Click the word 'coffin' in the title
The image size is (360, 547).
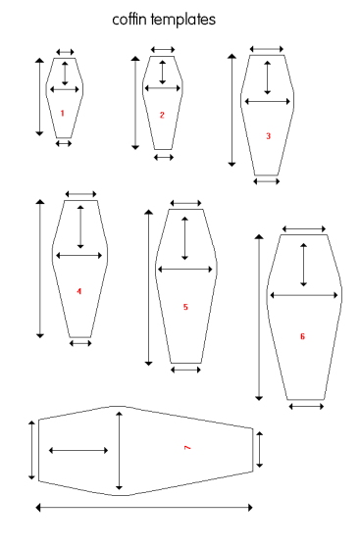click(130, 20)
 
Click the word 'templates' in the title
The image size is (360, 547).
click(183, 20)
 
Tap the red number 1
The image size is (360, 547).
click(63, 113)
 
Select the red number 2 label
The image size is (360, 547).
click(162, 115)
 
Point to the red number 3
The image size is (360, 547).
click(268, 136)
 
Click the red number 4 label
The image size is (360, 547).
click(79, 291)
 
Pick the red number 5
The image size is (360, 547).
click(185, 307)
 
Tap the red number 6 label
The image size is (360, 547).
click(302, 336)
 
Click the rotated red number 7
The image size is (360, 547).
click(187, 447)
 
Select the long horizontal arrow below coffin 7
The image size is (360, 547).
click(144, 508)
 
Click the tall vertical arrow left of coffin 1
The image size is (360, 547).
click(40, 97)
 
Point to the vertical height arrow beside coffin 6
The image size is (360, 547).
click(259, 318)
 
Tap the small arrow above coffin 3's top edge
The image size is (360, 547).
click(267, 49)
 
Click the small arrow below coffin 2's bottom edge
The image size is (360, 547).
click(164, 157)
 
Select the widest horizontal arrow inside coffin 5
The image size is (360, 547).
click(185, 270)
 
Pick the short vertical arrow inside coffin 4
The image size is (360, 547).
click(80, 226)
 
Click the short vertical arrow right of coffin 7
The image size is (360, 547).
click(259, 449)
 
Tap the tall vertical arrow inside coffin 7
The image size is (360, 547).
click(120, 451)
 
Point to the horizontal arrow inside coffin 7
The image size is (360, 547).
click(78, 450)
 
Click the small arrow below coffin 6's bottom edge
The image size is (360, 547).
click(306, 407)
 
